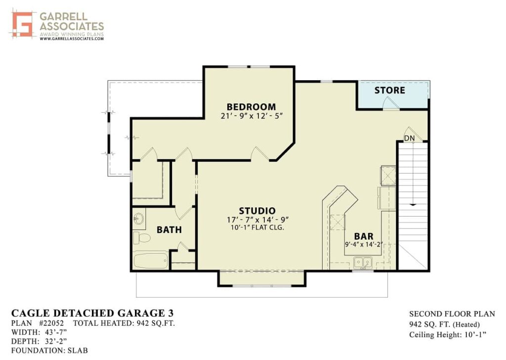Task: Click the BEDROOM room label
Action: click(251, 107)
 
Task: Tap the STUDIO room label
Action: click(257, 211)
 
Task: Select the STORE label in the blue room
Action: click(389, 90)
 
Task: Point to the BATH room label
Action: click(169, 230)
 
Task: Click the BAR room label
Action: click(364, 237)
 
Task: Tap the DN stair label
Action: click(410, 138)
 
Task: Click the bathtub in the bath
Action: click(151, 260)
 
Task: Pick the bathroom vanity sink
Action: click(139, 219)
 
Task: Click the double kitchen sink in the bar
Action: click(363, 262)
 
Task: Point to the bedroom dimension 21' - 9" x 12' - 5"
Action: click(252, 116)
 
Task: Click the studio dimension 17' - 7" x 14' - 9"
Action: click(257, 220)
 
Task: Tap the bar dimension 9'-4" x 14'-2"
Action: click(364, 244)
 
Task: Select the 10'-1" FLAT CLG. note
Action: click(257, 227)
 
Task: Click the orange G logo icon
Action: click(22, 24)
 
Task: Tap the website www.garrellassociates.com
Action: click(72, 39)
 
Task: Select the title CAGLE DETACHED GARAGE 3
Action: click(92, 313)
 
